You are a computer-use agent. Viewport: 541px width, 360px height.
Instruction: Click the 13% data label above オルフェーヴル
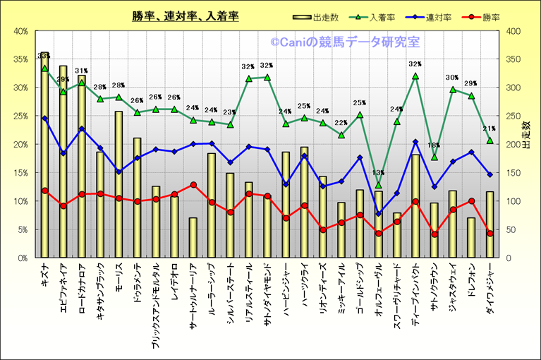(378, 173)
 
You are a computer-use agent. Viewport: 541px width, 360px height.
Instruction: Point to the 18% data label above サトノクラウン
(434, 145)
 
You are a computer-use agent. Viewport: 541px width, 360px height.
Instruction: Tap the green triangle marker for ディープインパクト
(415, 76)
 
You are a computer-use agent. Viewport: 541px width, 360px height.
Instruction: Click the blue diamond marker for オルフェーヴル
(378, 213)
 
